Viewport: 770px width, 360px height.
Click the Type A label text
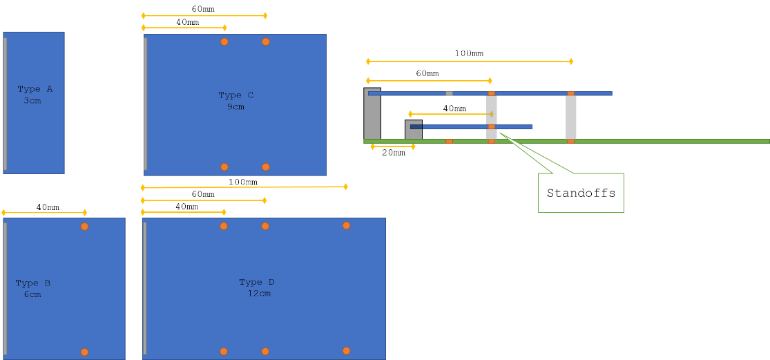click(x=35, y=89)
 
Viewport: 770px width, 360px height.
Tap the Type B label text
click(x=32, y=283)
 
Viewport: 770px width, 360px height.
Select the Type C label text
click(x=235, y=95)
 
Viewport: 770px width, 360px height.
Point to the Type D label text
click(x=256, y=282)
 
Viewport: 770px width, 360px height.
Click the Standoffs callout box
click(x=581, y=193)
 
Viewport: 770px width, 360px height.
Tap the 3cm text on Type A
click(x=32, y=101)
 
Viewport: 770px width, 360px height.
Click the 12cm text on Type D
click(x=259, y=294)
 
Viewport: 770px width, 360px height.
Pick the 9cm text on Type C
click(x=235, y=107)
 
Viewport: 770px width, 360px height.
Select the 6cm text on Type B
click(x=32, y=294)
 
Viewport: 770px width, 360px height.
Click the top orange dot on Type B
click(x=84, y=227)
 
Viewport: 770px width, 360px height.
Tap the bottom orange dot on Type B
click(x=84, y=352)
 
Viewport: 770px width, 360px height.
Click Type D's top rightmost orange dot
click(x=346, y=225)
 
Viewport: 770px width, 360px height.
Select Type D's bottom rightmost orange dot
click(x=346, y=351)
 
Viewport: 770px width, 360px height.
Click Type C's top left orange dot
click(x=224, y=41)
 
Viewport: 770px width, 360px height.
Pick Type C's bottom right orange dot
click(x=266, y=167)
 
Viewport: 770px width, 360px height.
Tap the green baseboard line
click(x=656, y=141)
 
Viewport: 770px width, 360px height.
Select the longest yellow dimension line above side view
click(x=470, y=61)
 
